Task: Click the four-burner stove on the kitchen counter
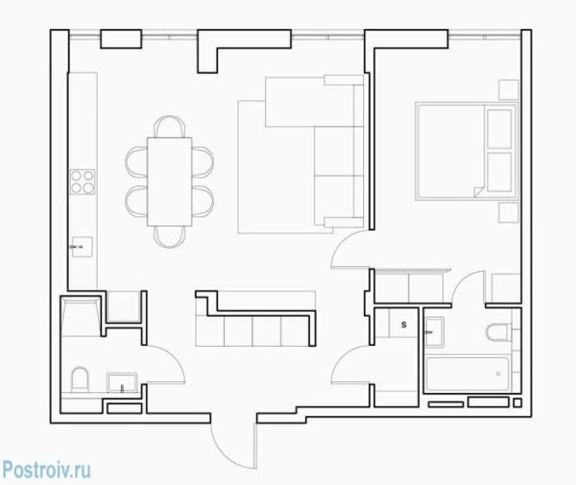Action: (x=83, y=182)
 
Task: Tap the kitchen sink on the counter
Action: (x=82, y=247)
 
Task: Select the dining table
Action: (x=169, y=182)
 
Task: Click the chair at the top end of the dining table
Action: (x=169, y=127)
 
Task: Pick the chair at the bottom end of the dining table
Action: (x=169, y=236)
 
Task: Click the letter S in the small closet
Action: (x=404, y=325)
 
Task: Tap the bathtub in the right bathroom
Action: (x=468, y=374)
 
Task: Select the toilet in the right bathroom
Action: (x=497, y=332)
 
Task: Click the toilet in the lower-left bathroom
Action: (x=80, y=379)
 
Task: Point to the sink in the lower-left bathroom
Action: (x=122, y=382)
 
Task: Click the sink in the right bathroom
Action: (x=435, y=331)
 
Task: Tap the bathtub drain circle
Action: (x=498, y=374)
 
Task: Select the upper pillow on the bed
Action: (x=499, y=129)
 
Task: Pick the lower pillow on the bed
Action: (x=499, y=172)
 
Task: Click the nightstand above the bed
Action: (x=509, y=89)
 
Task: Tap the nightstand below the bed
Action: (x=509, y=212)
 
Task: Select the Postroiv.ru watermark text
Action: (x=46, y=470)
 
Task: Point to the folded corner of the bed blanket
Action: (x=479, y=191)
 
